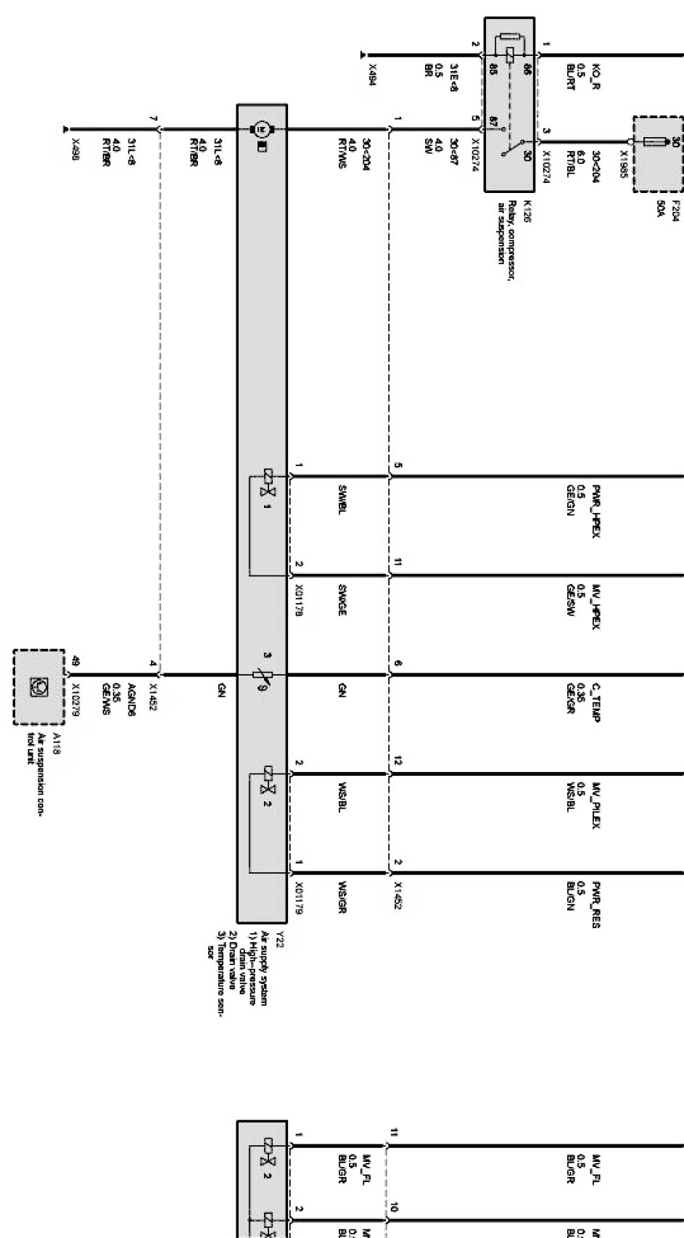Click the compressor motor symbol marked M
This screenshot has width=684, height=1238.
pos(258,129)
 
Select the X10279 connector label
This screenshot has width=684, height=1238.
pos(77,699)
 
